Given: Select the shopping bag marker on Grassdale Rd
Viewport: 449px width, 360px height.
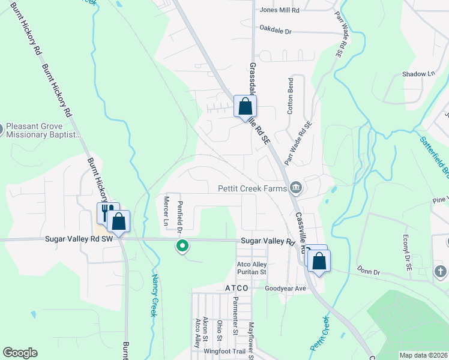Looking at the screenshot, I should coord(245,107).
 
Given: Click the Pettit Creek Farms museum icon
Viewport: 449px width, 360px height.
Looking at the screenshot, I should coord(295,188).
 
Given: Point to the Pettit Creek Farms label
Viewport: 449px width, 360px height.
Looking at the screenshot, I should coord(252,188).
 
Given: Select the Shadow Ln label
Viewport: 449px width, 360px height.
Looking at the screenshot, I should coord(418,74).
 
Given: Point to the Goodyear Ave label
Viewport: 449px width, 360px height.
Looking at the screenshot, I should coord(286,288).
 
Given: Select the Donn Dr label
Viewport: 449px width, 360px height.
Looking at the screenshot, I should coord(369,271).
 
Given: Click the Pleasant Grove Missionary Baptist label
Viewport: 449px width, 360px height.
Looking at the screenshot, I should coord(43,131).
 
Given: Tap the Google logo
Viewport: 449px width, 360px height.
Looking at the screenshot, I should coord(20,353).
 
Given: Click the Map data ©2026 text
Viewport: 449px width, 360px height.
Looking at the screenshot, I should coord(423,355).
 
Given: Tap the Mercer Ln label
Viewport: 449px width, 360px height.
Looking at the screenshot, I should coord(166,211).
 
